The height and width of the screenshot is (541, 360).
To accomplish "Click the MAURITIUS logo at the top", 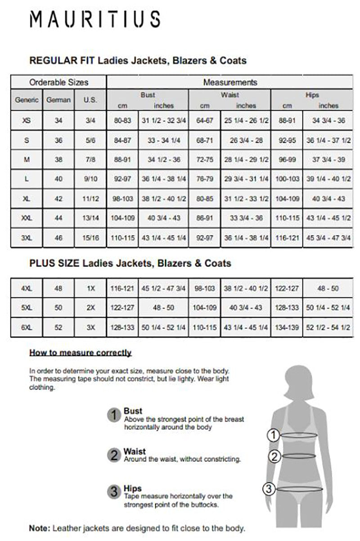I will click(94, 19).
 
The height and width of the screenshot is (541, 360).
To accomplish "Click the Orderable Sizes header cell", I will click(58, 82).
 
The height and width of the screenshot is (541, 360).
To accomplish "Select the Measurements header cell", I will click(230, 82).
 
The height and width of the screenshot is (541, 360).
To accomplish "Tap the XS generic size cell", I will click(27, 121).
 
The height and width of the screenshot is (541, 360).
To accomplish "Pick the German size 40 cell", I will click(58, 179).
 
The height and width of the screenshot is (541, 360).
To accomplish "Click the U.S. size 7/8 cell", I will click(90, 160).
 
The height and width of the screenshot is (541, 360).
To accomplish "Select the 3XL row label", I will click(27, 238).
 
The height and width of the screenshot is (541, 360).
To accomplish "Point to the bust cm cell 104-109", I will click(123, 218).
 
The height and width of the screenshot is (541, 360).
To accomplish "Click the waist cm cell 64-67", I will click(205, 121).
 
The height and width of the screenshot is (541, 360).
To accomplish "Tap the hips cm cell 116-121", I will click(287, 238).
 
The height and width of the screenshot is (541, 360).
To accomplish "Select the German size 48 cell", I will click(58, 289).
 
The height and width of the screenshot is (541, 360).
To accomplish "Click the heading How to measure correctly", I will click(80, 353).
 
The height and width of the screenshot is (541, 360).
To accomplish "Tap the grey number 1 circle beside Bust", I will click(114, 415).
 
